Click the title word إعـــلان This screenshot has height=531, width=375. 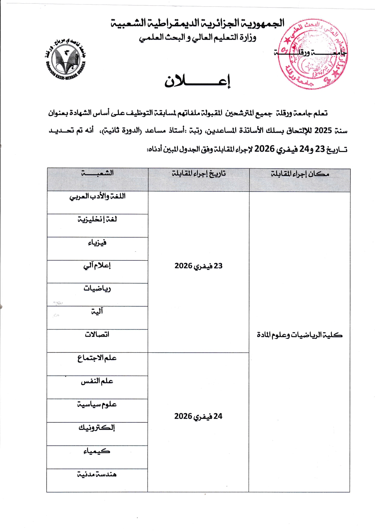197,81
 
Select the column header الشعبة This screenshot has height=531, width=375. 97,173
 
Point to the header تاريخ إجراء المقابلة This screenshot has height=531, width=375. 199,173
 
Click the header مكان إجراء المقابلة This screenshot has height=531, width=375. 300,174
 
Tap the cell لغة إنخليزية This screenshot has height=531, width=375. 97,219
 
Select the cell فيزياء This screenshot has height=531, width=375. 97,243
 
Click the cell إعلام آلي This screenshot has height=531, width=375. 97,266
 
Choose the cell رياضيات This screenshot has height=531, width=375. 97,289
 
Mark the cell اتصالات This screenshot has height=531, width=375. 97,335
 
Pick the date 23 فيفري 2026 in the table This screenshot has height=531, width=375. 198,266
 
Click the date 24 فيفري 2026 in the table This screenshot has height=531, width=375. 198,417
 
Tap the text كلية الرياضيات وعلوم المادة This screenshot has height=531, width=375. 299,335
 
